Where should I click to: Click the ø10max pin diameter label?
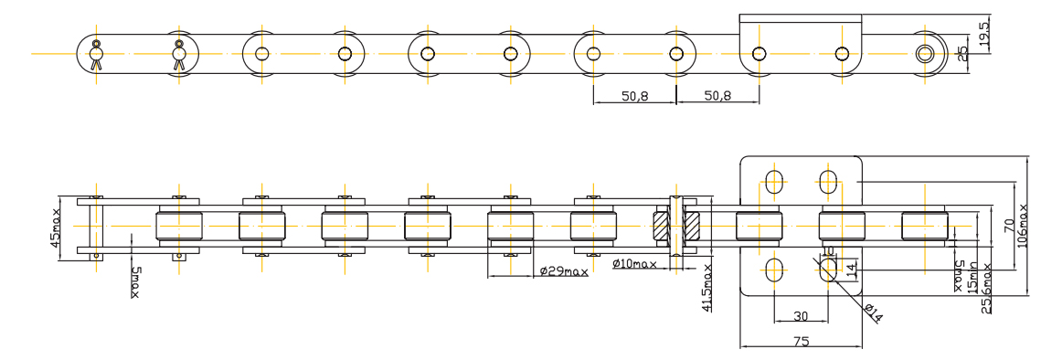click(634, 266)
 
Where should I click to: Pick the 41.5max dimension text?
click(707, 287)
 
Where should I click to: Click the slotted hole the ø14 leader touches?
click(828, 269)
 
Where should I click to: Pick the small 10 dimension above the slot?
click(828, 250)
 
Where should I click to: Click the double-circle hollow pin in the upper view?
click(925, 53)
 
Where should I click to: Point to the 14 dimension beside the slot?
click(852, 270)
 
